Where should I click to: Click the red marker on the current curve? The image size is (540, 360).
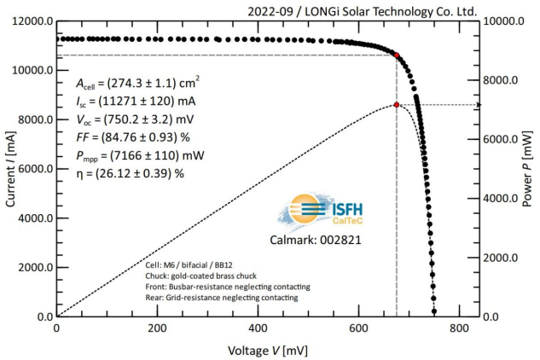[397, 55]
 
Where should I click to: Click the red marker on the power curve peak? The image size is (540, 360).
[397, 105]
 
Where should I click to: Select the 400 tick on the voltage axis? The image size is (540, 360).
[258, 328]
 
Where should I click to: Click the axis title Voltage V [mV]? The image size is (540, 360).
[268, 350]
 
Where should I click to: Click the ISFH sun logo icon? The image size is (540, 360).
[304, 210]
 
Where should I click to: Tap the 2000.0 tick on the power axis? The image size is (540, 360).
[503, 258]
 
